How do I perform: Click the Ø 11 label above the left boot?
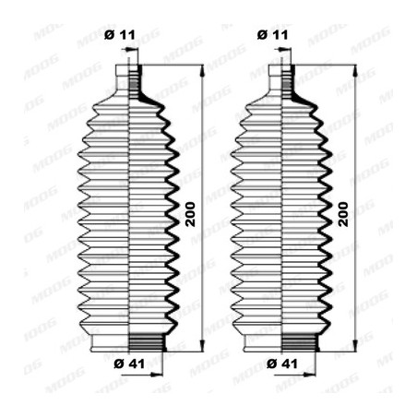[x=119, y=35]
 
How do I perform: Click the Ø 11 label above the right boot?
[x=272, y=35]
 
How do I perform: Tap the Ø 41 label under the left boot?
[x=129, y=363]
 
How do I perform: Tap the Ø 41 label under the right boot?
[x=282, y=363]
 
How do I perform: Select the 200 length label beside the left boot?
[x=190, y=214]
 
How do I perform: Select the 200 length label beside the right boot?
[x=343, y=214]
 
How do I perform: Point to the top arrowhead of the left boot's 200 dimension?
[x=202, y=71]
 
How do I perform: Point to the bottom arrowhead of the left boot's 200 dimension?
[x=202, y=346]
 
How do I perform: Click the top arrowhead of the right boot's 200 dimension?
[x=355, y=71]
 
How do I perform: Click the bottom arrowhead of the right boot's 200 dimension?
[x=355, y=346]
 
